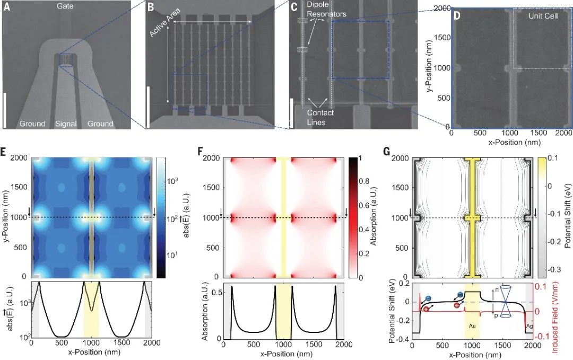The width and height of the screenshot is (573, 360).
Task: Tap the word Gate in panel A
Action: [66, 6]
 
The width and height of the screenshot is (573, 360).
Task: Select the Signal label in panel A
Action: [66, 124]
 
